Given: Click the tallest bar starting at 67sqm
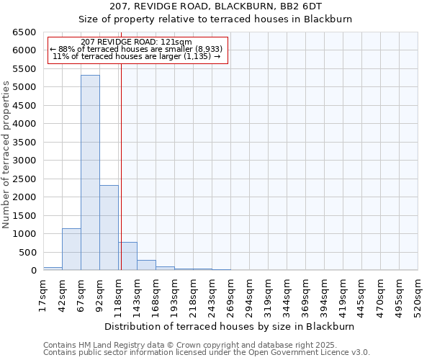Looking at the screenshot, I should click(x=90, y=173).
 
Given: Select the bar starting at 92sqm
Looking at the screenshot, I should click(x=109, y=228).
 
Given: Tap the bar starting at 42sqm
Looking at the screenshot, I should click(x=71, y=249).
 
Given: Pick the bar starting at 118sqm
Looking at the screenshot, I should click(x=128, y=256).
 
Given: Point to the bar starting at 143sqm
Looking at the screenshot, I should click(x=146, y=265).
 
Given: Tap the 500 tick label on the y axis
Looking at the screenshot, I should click(x=27, y=253).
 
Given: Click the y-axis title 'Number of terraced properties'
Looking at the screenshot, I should click(x=6, y=155).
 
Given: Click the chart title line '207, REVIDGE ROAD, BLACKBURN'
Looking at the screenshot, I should click(x=215, y=6).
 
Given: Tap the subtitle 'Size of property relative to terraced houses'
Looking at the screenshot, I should click(x=215, y=19).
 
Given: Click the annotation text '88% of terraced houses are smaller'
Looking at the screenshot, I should click(x=137, y=48).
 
